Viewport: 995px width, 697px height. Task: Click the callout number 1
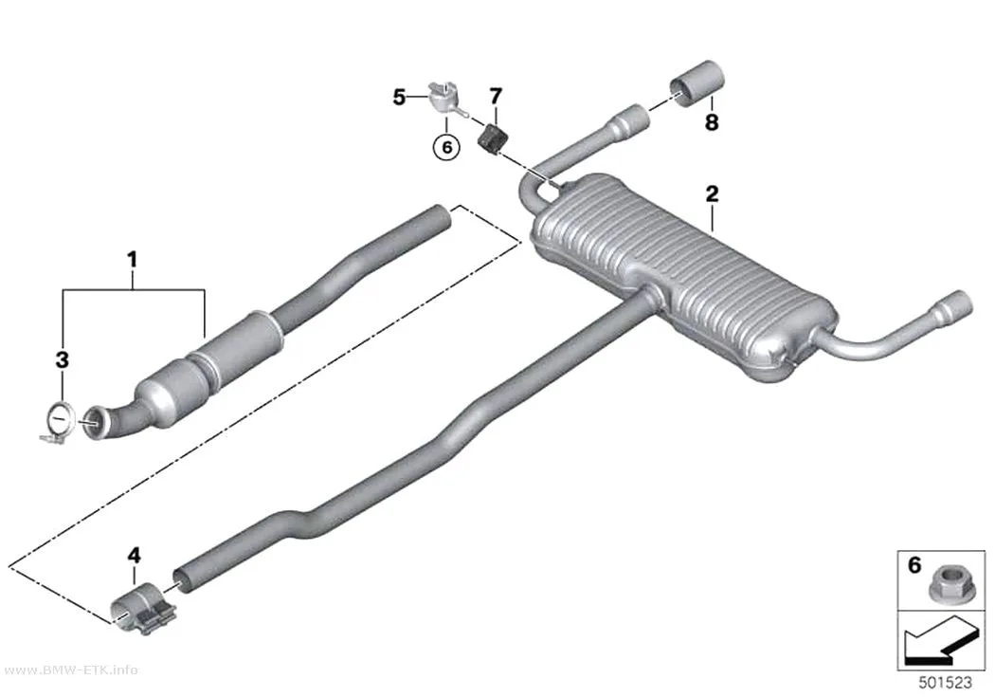click(132, 260)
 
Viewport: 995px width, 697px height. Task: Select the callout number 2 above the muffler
click(712, 193)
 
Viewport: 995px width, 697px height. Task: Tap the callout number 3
click(62, 360)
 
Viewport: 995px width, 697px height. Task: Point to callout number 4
click(134, 556)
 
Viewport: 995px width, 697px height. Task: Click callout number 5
click(399, 98)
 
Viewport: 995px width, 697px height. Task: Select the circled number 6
click(446, 147)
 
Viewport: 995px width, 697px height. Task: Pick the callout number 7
click(495, 96)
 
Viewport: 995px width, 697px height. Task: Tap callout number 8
click(712, 122)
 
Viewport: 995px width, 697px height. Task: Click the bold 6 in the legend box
click(914, 565)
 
